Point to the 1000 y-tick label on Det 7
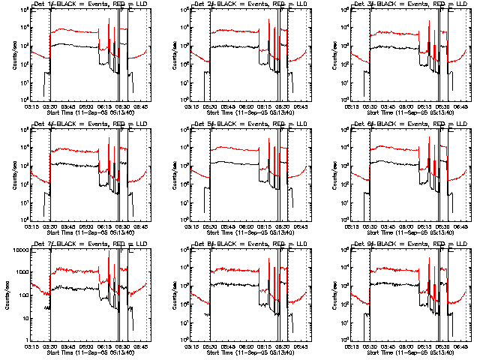(20, 272)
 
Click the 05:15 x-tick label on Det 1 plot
(31, 107)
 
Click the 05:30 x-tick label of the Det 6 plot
(372, 227)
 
